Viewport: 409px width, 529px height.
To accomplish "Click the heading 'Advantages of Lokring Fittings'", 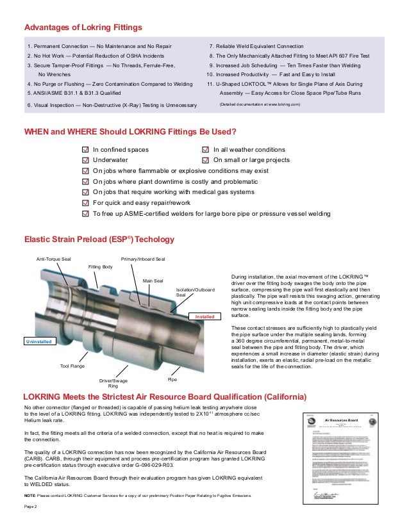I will pos(83,28).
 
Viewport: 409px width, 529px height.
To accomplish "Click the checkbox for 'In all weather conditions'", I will pos(206,150).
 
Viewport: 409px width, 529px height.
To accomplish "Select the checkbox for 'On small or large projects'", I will pos(206,160).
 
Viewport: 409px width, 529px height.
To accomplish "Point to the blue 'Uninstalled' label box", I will pos(37,342).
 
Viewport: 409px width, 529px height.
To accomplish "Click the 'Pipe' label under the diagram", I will pos(172,379).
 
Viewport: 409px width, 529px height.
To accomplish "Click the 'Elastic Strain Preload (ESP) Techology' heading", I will pos(99,240).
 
